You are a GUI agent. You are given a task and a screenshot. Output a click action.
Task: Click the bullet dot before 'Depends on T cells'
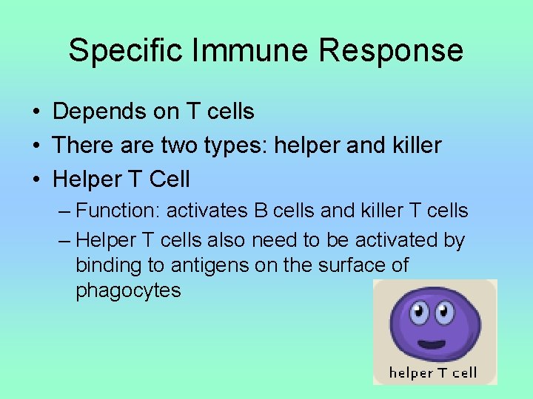(36, 112)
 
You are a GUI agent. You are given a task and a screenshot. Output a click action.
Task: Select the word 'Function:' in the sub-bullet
(118, 211)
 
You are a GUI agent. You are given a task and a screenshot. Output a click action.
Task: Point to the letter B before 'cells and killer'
(261, 211)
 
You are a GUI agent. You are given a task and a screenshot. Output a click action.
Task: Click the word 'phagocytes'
(128, 290)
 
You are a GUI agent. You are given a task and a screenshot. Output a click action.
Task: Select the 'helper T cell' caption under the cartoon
(434, 372)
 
